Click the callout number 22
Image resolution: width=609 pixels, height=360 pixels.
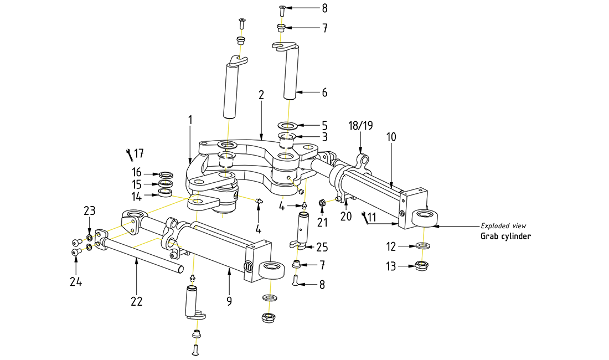pyautogui.click(x=136, y=301)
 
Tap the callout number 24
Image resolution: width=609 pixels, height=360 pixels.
pyautogui.click(x=76, y=281)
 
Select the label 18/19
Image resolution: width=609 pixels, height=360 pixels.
pyautogui.click(x=360, y=126)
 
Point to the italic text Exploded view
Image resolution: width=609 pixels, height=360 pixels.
pyautogui.click(x=503, y=225)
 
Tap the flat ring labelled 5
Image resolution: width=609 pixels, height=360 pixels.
pyautogui.click(x=286, y=125)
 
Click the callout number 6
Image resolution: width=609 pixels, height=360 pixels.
pyautogui.click(x=324, y=92)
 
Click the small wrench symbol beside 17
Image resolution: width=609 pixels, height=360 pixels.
pyautogui.click(x=128, y=153)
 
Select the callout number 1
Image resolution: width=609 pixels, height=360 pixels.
pyautogui.click(x=189, y=120)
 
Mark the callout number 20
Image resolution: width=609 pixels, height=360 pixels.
pyautogui.click(x=346, y=217)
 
